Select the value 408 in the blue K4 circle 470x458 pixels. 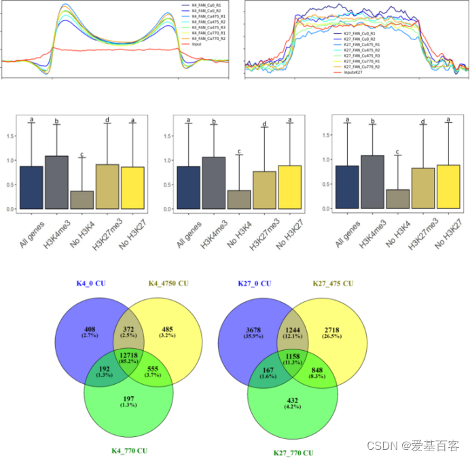90,331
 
